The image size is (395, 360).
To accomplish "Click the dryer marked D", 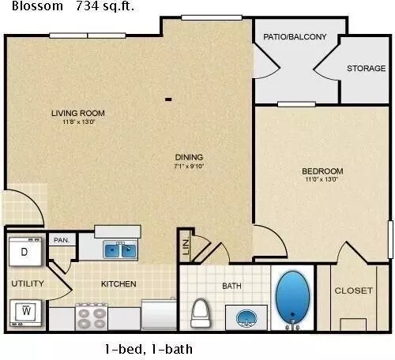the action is point(25,251).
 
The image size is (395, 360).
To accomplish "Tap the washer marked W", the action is point(25,313).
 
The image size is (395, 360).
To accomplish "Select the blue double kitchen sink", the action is point(120,249).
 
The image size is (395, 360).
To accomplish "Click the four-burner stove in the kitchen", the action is point(92,317).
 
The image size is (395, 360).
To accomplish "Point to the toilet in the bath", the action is point(200,313).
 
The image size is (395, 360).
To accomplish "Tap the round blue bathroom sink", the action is point(246,318).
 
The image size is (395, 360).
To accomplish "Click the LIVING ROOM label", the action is point(78,113).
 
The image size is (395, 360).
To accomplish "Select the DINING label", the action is point(189,157).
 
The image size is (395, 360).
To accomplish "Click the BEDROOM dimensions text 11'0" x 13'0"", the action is point(322,179).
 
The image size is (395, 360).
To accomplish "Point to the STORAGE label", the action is point(367,69).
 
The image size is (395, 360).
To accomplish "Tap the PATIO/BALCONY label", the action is point(295,36).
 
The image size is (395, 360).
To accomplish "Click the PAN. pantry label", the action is point(62,240).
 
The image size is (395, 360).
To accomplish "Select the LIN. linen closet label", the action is point(186,246).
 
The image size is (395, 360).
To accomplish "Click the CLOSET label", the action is point(354,291).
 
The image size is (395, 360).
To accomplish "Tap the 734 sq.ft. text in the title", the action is point(105,6).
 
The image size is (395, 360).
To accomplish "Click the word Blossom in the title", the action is point(37,6).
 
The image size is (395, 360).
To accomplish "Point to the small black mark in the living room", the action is point(168,99).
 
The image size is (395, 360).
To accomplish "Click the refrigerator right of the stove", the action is point(159,314).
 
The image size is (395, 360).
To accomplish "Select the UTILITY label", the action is point(28,283).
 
